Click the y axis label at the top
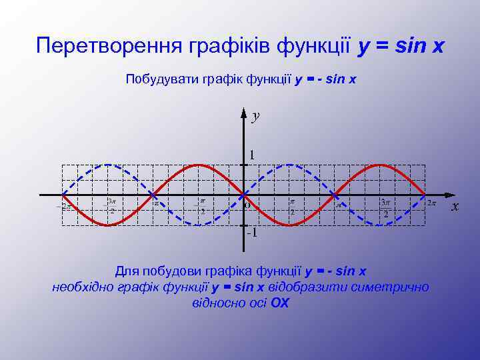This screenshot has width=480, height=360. coord(255,117)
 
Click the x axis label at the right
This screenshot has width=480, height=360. coord(455,207)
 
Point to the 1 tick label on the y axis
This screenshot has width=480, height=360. coord(251,155)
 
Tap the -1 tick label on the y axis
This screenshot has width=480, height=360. coord(251,233)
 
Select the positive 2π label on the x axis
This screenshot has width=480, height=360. coord(431,202)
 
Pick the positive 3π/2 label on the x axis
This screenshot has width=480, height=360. coord(385,208)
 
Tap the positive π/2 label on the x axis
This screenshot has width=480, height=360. coord(292,207)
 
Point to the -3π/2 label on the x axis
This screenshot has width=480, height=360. coord(111,206)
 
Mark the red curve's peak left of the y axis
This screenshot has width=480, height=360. coord(198,164)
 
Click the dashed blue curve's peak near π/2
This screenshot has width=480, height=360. coord(289,164)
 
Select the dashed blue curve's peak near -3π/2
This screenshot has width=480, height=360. coord(107,164)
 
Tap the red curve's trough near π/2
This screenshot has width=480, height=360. coord(289,225)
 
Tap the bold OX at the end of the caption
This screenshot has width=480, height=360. coord(280,303)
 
